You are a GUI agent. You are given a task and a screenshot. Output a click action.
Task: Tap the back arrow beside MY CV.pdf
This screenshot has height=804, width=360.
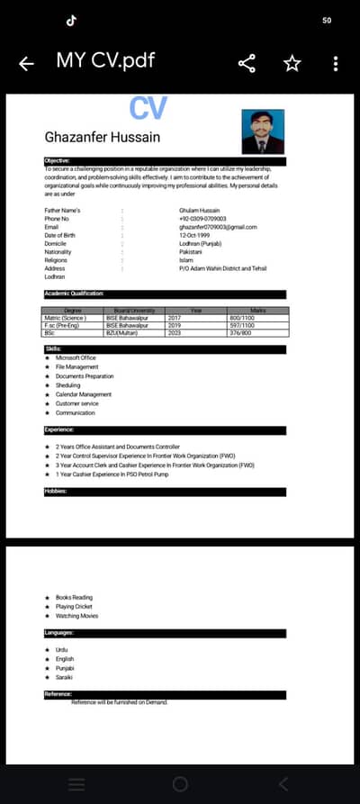[26, 62]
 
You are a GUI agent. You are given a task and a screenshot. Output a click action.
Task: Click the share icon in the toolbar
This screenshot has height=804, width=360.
[247, 62]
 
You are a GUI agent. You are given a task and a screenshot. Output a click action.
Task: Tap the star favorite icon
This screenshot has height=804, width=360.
[292, 62]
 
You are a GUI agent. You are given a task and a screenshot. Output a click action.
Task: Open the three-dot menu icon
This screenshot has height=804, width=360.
[335, 62]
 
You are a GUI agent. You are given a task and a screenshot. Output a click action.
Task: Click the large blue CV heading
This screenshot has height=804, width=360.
[148, 108]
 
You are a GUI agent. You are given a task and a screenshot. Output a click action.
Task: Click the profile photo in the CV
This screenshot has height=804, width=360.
[263, 131]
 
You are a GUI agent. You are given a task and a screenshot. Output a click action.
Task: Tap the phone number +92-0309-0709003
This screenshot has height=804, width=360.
[202, 219]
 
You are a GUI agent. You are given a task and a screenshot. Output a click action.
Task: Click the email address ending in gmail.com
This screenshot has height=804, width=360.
[218, 227]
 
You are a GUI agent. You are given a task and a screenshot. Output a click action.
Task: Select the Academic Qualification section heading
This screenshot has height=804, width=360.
[75, 294]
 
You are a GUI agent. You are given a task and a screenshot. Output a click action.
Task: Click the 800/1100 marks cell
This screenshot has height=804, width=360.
[242, 319]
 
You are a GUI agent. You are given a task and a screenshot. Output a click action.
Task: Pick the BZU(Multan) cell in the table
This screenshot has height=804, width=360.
[125, 333]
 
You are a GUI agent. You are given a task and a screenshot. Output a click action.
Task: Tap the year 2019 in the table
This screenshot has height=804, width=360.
[175, 326]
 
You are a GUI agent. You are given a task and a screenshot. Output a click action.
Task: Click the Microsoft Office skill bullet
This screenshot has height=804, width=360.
[76, 358]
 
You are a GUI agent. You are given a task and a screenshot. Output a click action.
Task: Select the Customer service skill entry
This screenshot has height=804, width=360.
[77, 403]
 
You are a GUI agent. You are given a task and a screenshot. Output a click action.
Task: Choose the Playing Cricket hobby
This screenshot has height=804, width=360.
[74, 607]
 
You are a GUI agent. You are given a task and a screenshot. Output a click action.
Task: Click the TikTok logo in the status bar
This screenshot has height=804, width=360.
[71, 19]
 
